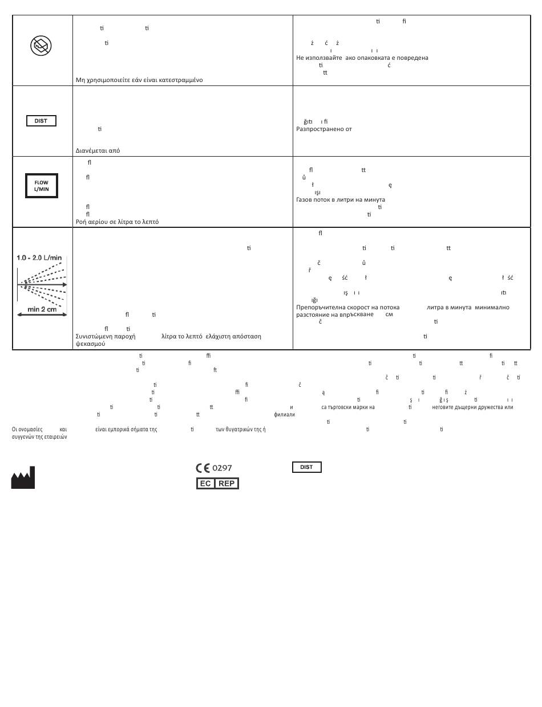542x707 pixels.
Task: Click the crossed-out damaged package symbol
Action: coord(41,46)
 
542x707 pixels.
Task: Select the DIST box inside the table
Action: coord(41,121)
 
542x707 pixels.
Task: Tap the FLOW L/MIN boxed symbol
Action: coord(42,186)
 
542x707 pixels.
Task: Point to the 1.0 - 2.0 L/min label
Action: coord(39,258)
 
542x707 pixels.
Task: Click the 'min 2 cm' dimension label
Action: coord(42,309)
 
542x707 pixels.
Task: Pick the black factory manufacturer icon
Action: coord(23,478)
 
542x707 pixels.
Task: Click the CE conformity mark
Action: coord(203,468)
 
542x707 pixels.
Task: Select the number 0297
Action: coord(222,468)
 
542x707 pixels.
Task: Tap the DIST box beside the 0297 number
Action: coord(307,467)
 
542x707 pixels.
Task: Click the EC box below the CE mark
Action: coord(205,484)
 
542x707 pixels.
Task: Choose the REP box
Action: coord(227,484)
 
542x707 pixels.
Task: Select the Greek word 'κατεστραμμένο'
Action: coord(182,80)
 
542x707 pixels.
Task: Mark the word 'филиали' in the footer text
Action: coord(284,415)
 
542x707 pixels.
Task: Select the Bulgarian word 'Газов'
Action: coord(304,200)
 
